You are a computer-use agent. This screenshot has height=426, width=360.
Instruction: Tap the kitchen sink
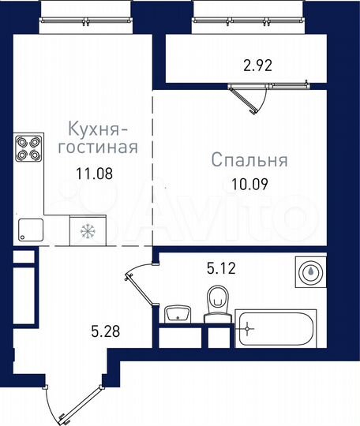pos(29,229)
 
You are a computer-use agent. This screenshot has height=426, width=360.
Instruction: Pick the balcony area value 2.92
pos(257,66)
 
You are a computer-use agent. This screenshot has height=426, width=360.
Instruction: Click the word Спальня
pos(249,160)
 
